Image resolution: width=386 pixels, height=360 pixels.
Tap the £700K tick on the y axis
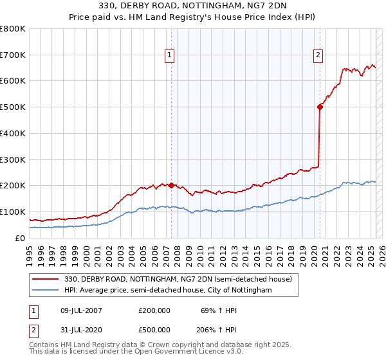coord(13,55)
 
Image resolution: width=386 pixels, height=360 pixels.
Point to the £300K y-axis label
coord(13,159)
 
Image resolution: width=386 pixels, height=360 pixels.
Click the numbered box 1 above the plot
coord(170,56)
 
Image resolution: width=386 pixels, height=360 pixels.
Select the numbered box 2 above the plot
coord(318,56)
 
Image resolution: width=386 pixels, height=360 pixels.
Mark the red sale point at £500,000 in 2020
coord(320,107)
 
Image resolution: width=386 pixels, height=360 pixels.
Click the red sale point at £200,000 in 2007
coord(171,185)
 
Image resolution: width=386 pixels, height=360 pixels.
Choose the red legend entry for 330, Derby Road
coord(178,279)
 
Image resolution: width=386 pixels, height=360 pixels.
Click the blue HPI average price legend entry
coord(168,291)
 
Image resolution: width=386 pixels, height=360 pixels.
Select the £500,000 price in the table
coord(154,328)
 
